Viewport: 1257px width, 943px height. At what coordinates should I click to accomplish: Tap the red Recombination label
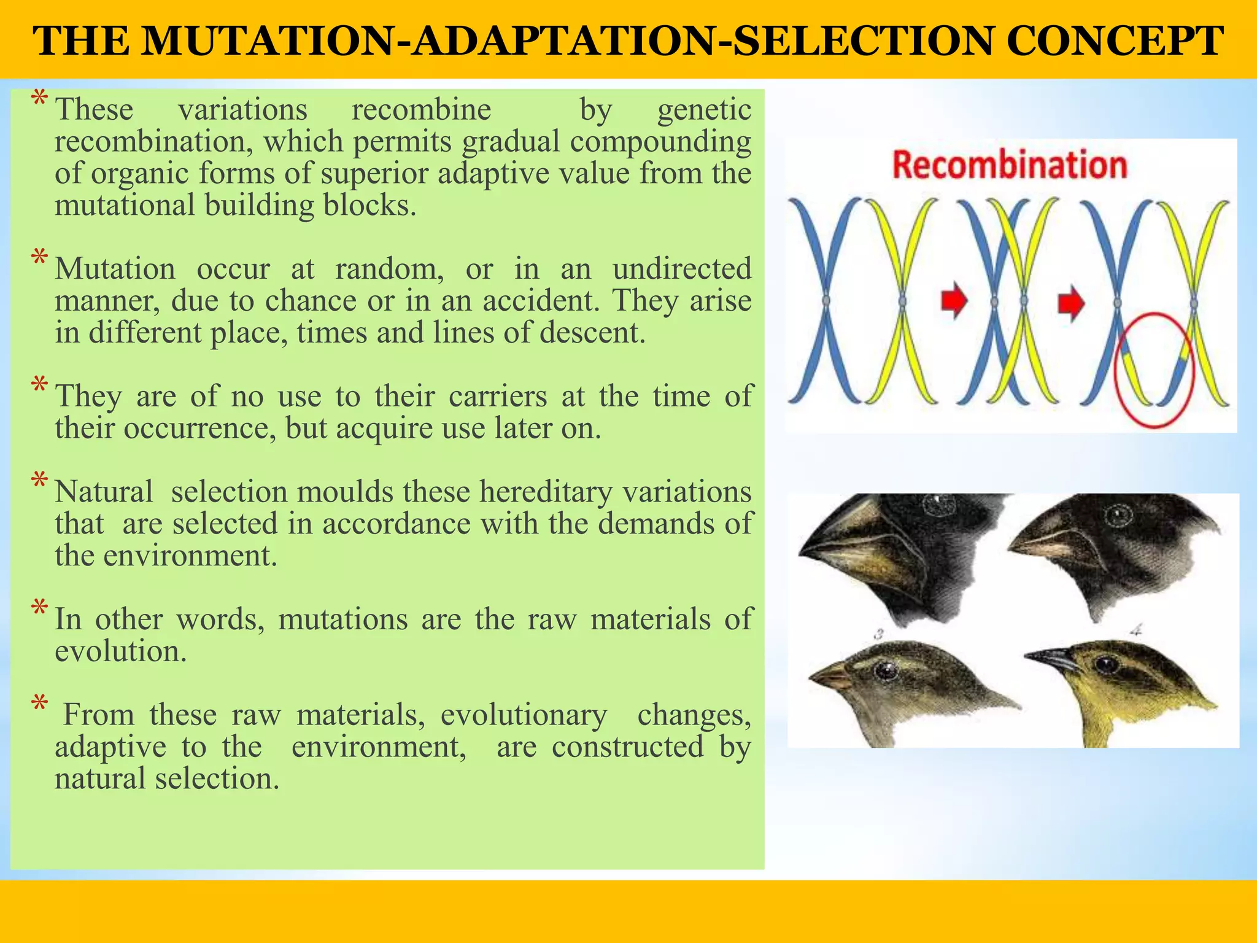(1010, 165)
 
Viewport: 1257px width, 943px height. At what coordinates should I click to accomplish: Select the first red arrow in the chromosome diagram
(954, 301)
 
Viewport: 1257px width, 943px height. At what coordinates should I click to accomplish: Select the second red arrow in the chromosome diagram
(1071, 303)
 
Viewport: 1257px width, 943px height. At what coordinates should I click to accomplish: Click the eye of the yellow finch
(1107, 664)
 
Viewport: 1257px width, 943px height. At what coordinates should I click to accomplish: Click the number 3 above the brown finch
(879, 634)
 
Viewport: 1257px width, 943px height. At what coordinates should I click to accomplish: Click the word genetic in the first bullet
(704, 111)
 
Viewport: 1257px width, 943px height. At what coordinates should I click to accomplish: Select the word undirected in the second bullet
(681, 269)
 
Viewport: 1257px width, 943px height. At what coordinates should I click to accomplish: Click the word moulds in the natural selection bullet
(345, 492)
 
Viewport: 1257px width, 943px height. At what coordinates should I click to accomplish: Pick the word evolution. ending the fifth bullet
(120, 651)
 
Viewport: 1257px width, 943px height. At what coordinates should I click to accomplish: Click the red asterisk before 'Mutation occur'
(40, 258)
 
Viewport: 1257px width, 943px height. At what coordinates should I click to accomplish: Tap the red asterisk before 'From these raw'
(40, 704)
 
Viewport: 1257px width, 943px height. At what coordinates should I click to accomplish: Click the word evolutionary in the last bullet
(524, 715)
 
